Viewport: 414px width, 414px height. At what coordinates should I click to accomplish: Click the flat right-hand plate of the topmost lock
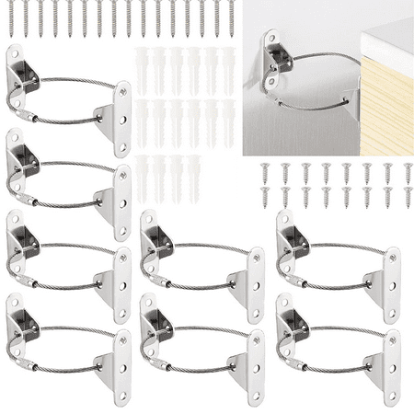coord(121,118)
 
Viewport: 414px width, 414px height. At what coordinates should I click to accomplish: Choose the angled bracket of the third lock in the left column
coord(22,239)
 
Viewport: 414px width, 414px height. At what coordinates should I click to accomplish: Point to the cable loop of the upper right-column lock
coord(336,267)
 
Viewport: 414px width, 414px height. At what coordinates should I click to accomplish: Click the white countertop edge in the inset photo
coord(386,41)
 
